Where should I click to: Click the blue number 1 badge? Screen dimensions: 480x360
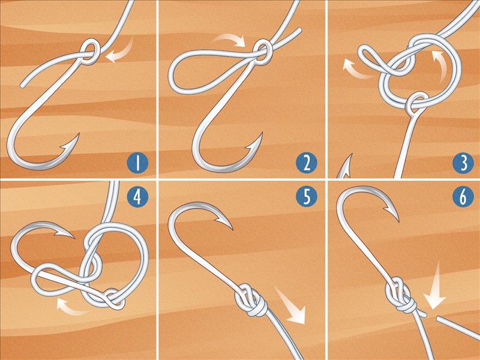[137, 163]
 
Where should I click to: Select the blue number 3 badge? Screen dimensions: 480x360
[463, 163]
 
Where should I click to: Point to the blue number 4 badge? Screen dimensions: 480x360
[137, 196]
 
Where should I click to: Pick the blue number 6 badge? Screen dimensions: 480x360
[463, 196]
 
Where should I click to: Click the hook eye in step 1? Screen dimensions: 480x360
[90, 51]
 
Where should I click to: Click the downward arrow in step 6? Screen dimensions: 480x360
[436, 288]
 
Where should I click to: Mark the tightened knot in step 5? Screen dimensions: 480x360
[251, 299]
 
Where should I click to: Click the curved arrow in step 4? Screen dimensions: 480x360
[70, 307]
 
